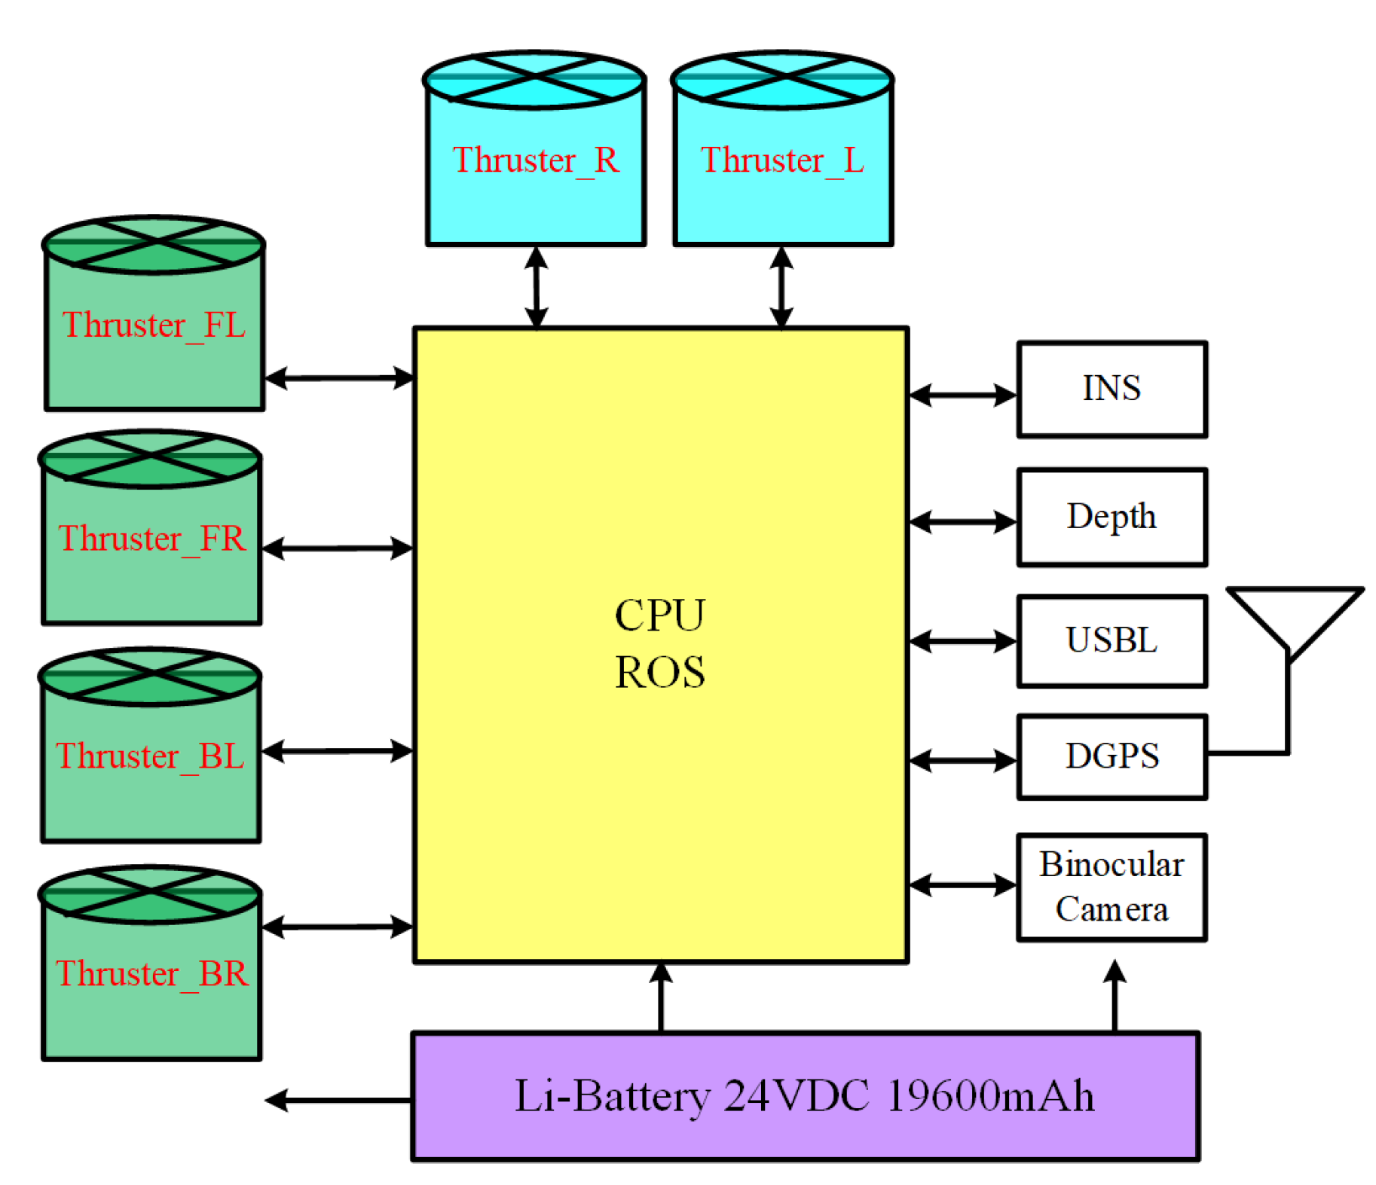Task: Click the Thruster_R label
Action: (x=536, y=160)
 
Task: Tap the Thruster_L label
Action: (x=782, y=160)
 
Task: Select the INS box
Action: (x=1112, y=389)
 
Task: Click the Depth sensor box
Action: (x=1112, y=517)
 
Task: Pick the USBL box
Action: (x=1112, y=641)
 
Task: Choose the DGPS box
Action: (x=1112, y=756)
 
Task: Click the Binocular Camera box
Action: (x=1112, y=887)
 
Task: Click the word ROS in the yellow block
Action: (x=660, y=672)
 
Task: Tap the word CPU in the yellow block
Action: (x=660, y=615)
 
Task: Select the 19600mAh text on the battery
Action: (x=990, y=1096)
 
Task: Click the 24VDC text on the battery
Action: (x=796, y=1096)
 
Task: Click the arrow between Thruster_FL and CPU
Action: (x=339, y=377)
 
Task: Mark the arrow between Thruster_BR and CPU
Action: (x=337, y=927)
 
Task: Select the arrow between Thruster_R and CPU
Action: (x=536, y=287)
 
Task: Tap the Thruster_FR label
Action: (x=152, y=539)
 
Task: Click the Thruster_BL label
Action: (x=151, y=756)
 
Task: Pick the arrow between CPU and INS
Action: (x=962, y=395)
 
